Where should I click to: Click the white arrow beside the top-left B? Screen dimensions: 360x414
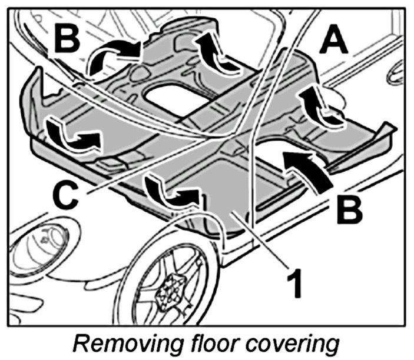(x=112, y=56)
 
